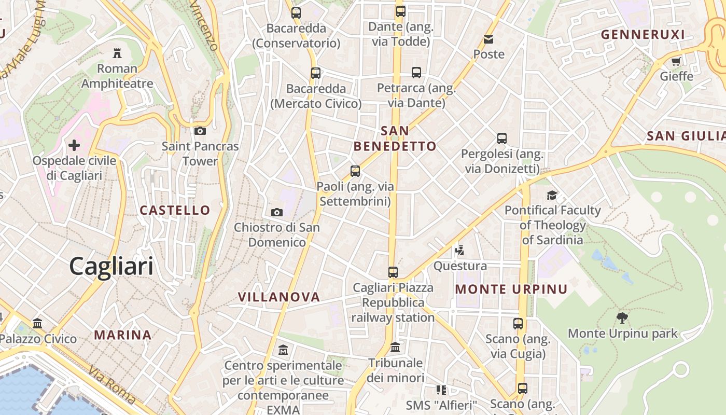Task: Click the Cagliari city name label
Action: [x=111, y=267]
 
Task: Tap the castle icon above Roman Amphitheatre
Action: [x=117, y=53]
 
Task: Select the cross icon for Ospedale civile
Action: [x=74, y=145]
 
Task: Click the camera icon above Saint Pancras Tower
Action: [x=200, y=131]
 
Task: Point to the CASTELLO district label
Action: [x=175, y=210]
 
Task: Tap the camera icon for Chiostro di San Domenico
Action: [x=277, y=212]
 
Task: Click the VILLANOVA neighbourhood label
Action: [x=278, y=297]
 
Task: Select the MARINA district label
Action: [x=123, y=335]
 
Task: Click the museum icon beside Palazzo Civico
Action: [x=37, y=323]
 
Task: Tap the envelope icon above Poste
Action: [x=488, y=39]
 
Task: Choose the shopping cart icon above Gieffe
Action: [x=676, y=62]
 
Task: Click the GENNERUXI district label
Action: [x=643, y=35]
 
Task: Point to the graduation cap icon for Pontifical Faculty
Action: [x=552, y=195]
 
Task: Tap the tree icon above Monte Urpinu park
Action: [x=622, y=317]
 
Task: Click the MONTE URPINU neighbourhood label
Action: [x=511, y=289]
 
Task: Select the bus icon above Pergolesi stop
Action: [x=501, y=139]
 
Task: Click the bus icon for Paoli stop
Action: [x=355, y=171]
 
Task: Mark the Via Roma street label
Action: [x=112, y=385]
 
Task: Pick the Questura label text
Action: [x=460, y=266]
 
